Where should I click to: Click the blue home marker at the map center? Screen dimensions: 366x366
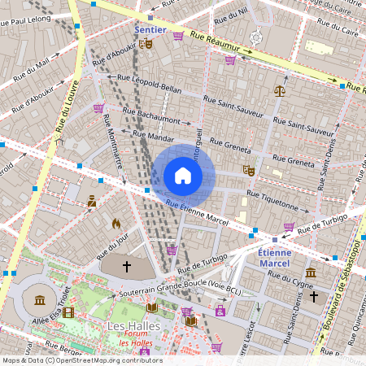182,176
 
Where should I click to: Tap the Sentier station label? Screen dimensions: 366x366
150,30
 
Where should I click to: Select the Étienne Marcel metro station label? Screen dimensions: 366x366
273,257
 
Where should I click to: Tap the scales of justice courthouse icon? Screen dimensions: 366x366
280,91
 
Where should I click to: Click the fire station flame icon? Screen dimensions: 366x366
115,222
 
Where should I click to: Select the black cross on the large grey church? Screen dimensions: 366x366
126,266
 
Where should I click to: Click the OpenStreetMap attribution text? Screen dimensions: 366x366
81,360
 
